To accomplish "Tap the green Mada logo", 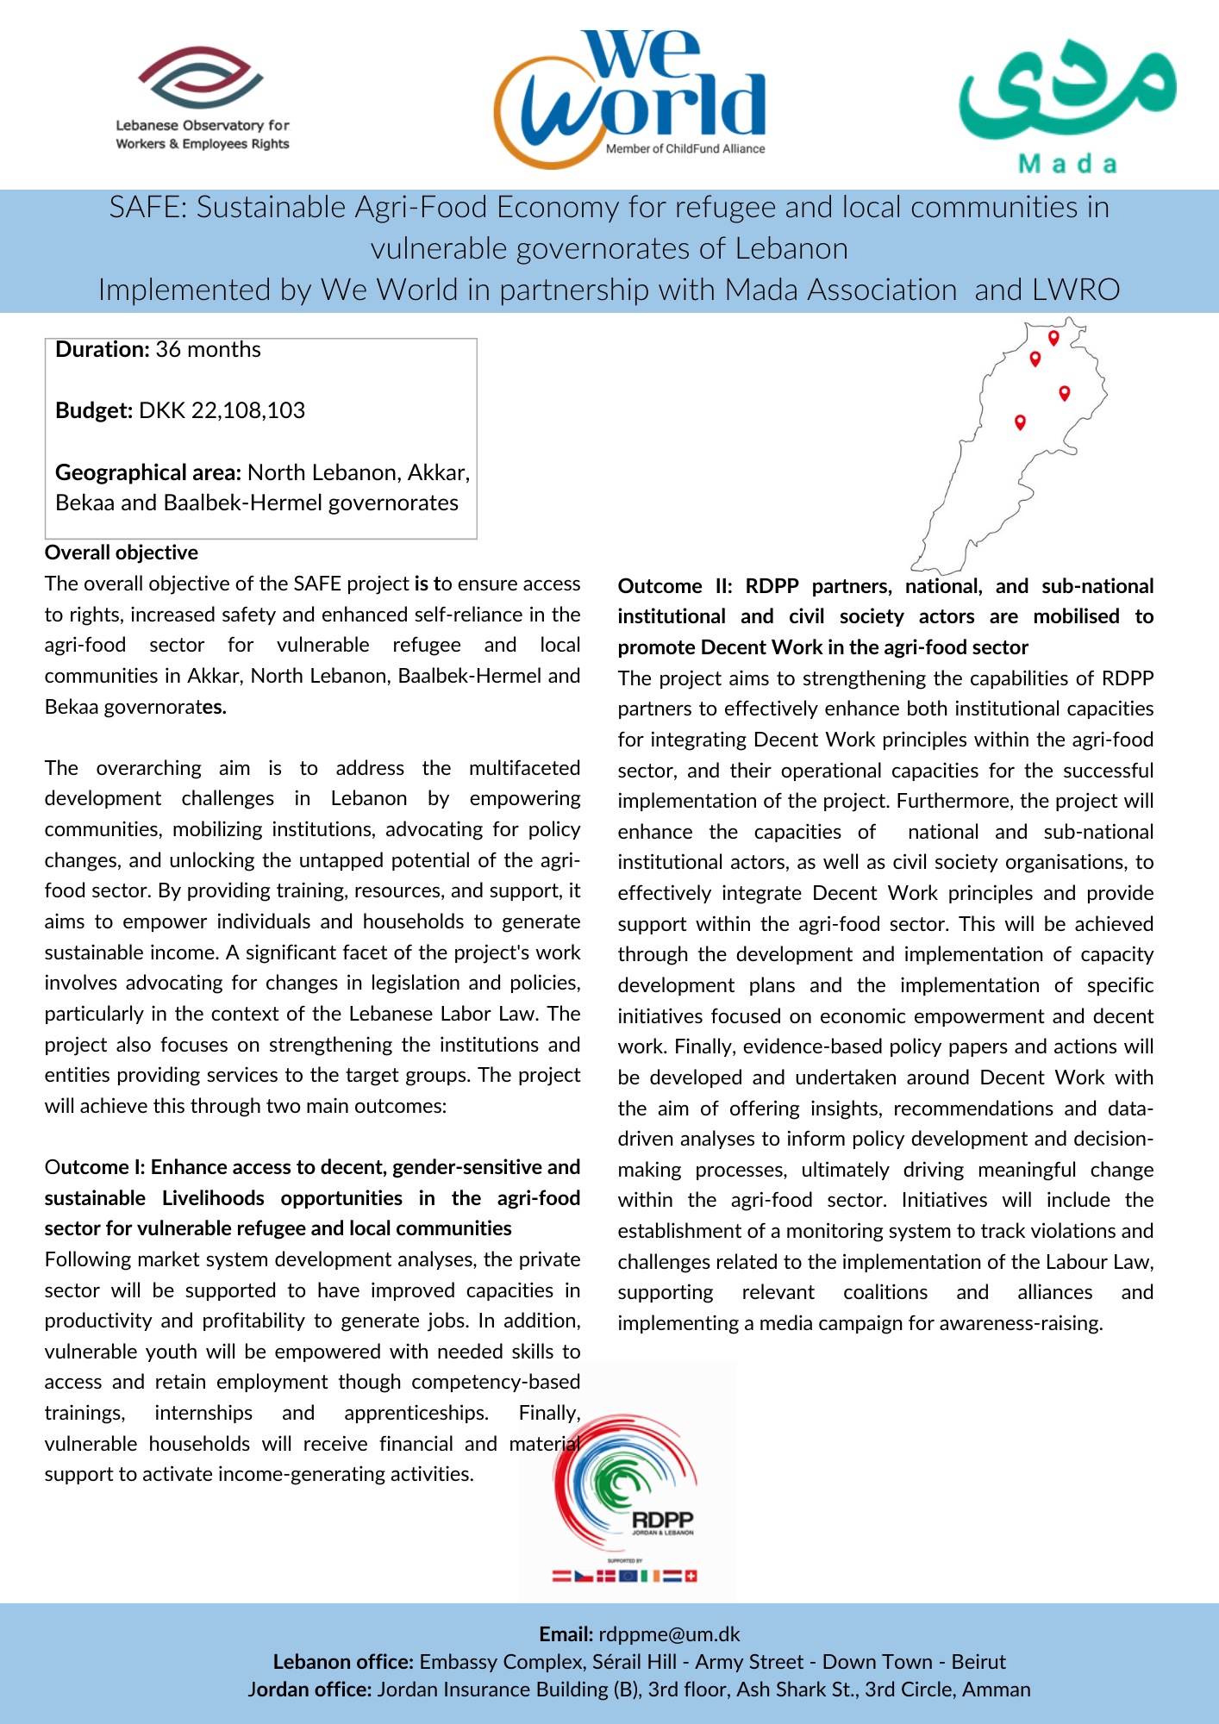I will point(1067,103).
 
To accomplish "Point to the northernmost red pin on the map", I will point(1053,337).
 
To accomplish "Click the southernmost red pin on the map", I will point(1020,422).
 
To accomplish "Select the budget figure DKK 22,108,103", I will point(222,410).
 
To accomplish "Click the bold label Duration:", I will point(103,349).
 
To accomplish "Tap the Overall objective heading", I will point(122,553).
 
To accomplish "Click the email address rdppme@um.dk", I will point(669,1634).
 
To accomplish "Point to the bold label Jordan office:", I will point(309,1690).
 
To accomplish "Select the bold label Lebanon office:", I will point(343,1662).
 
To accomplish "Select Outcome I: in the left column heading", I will point(95,1167).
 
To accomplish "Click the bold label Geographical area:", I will point(148,472).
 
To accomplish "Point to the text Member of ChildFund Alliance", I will point(685,149).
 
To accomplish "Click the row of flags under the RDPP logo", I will point(624,1576).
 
